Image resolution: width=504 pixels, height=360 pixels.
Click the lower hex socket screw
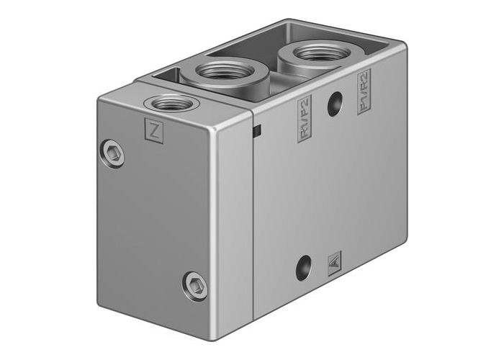(193, 282)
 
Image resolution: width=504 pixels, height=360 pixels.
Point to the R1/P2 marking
(304, 119)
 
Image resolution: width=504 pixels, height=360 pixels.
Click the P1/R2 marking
(364, 93)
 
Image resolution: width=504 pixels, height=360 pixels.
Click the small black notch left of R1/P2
(256, 130)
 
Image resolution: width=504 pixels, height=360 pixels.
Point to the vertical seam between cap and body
(253, 216)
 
